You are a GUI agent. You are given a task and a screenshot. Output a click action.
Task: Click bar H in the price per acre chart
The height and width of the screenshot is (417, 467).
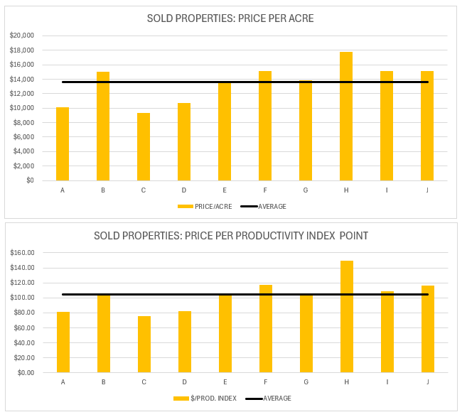point(346,117)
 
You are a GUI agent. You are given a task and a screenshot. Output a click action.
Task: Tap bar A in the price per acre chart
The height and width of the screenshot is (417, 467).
point(63,144)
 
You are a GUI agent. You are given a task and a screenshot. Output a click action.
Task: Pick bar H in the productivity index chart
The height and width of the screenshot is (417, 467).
point(347,317)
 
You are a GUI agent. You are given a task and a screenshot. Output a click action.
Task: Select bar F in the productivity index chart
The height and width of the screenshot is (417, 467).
point(266,329)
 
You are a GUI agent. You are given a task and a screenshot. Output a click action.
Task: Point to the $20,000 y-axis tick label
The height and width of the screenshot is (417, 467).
point(23,36)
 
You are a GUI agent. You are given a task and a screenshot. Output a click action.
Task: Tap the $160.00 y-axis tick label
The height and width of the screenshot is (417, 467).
point(23,253)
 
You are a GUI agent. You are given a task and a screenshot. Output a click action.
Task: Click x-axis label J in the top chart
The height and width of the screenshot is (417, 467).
point(427,190)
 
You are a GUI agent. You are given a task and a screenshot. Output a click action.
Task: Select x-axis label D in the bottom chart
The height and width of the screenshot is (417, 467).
point(185,382)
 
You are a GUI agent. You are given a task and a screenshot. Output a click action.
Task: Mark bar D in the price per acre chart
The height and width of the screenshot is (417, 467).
point(184,142)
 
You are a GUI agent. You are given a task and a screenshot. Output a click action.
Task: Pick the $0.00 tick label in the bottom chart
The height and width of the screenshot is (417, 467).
point(26,372)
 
